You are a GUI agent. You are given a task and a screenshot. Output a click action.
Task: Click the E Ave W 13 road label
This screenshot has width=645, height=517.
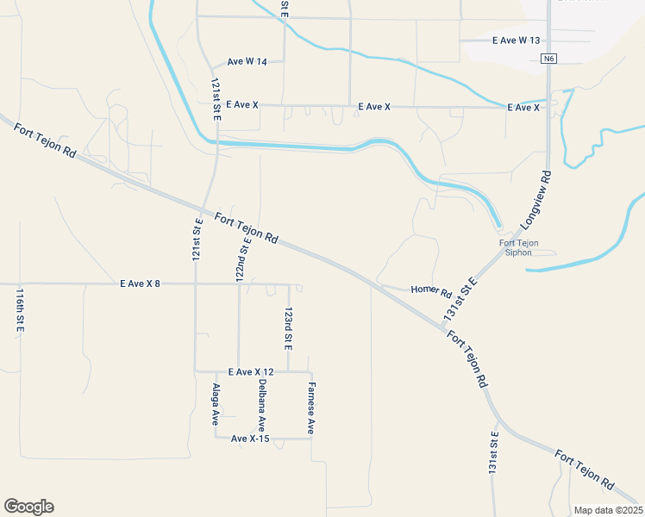click(x=516, y=40)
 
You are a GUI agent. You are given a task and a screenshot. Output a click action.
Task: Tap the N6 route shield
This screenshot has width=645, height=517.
click(x=549, y=59)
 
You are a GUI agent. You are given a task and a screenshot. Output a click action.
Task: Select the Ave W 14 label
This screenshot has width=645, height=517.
click(x=247, y=62)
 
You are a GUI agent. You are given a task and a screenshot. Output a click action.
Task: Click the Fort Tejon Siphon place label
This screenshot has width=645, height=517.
click(x=519, y=248)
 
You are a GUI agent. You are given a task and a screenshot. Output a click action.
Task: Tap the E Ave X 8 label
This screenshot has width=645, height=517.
click(x=140, y=283)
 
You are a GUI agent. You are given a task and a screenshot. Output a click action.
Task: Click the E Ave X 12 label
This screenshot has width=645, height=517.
click(x=251, y=371)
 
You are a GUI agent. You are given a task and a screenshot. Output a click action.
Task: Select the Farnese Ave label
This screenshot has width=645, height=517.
click(x=311, y=407)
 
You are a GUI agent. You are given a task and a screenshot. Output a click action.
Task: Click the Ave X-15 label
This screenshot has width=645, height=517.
click(x=250, y=439)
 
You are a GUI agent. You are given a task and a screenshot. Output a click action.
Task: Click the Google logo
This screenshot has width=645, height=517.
click(x=28, y=507)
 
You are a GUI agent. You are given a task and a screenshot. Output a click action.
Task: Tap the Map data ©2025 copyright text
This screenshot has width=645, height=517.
click(x=607, y=510)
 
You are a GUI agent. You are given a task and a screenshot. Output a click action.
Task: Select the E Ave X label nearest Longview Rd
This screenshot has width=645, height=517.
click(x=523, y=107)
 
